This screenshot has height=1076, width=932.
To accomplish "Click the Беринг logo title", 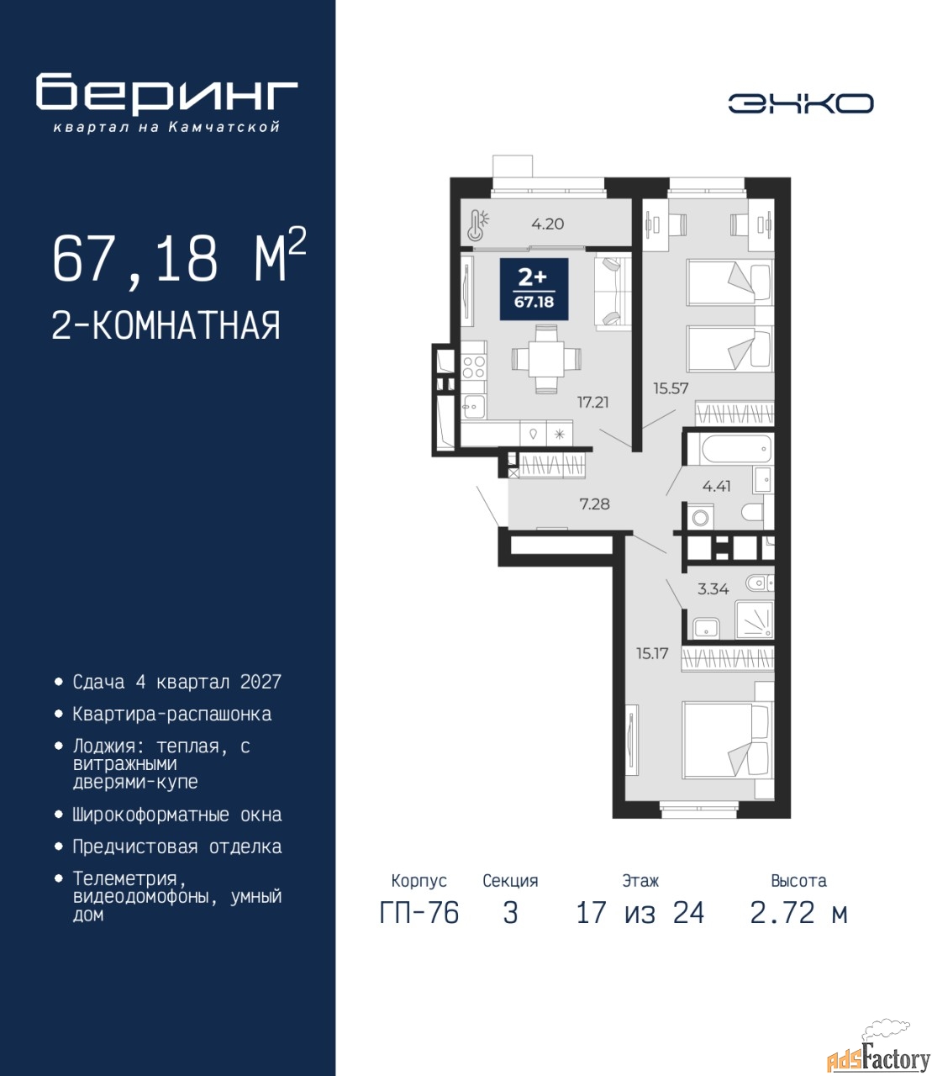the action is [x=166, y=95].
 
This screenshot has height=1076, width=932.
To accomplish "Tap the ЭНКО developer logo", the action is [x=800, y=103].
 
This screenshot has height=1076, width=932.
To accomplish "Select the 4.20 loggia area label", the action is [x=547, y=224].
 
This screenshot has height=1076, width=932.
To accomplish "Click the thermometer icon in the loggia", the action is [x=478, y=224].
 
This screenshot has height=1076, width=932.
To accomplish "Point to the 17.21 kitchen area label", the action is [x=592, y=402].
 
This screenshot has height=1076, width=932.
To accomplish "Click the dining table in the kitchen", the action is [x=546, y=358].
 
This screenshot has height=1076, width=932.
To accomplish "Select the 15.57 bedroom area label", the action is [x=671, y=388].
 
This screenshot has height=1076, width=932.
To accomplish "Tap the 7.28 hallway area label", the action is [x=594, y=504].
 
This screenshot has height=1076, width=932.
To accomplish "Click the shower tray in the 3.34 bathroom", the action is [x=754, y=620].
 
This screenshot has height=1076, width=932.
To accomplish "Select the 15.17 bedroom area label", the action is [x=652, y=653].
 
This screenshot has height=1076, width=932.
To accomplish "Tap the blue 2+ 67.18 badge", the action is [x=534, y=289].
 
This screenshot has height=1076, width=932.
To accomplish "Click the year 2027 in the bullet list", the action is [x=261, y=682].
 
